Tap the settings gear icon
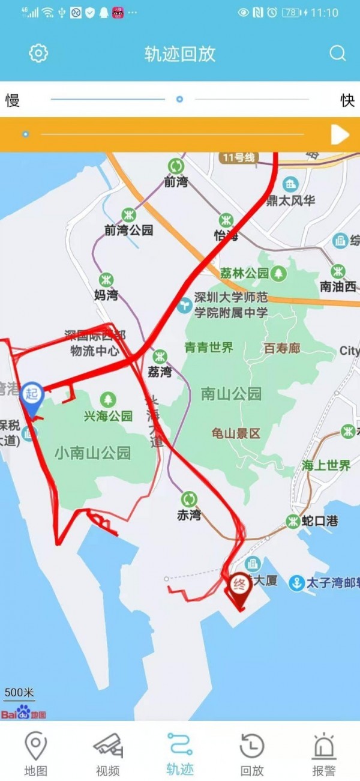click(x=38, y=53)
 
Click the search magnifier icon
click(x=338, y=53)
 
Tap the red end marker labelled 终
click(x=240, y=584)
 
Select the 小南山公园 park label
click(x=92, y=453)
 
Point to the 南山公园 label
click(x=231, y=394)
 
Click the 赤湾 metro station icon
click(x=189, y=499)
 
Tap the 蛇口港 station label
click(x=320, y=520)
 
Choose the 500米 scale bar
click(x=19, y=692)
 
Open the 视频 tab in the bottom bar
click(x=108, y=753)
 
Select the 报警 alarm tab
click(x=323, y=753)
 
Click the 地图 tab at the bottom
click(x=35, y=753)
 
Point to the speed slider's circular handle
click(x=179, y=99)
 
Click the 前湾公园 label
click(x=128, y=230)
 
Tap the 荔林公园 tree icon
click(x=278, y=274)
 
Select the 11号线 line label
click(x=238, y=158)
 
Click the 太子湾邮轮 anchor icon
click(x=296, y=582)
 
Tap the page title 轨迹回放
click(x=179, y=54)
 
